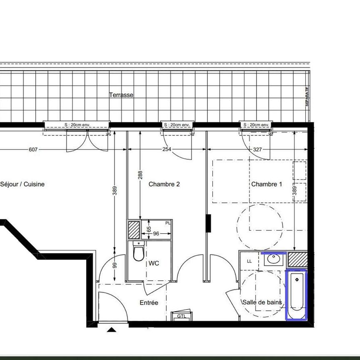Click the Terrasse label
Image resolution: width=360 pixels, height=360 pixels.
tap(121, 95)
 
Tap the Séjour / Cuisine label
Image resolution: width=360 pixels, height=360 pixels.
tap(22, 184)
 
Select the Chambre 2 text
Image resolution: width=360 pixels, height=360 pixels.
tap(164, 184)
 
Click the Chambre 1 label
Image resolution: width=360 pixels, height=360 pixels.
tap(266, 184)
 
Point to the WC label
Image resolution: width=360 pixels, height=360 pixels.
tap(154, 263)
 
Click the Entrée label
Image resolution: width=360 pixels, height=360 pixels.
tap(149, 303)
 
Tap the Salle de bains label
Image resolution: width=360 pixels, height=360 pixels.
tap(262, 302)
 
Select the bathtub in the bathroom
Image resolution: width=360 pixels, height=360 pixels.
tap(296, 295)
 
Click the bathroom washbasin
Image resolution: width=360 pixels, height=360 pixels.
tap(273, 260)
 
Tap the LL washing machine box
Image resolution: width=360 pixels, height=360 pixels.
tap(250, 261)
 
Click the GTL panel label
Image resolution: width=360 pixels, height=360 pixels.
tap(181, 316)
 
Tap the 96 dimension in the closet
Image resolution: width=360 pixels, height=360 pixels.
tap(156, 234)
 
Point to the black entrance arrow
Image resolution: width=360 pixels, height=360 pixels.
tap(111, 330)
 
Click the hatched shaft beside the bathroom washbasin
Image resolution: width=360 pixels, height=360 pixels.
tap(297, 260)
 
